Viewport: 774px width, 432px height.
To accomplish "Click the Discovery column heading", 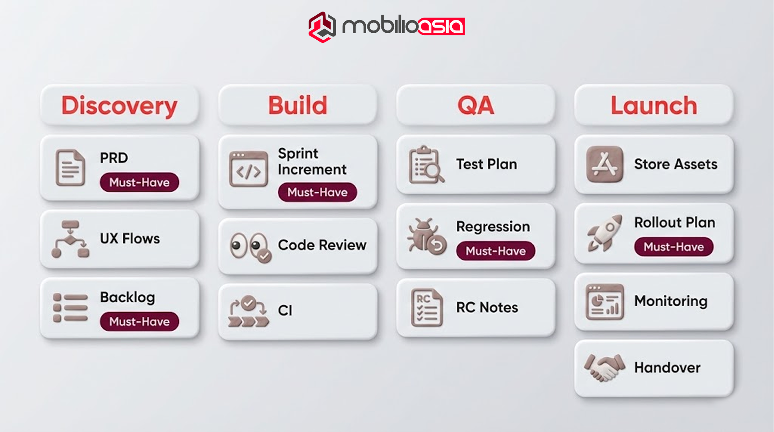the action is point(119,106).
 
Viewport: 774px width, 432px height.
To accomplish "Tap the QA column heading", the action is point(475,106).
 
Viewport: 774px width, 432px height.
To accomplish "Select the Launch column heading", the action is point(654,106).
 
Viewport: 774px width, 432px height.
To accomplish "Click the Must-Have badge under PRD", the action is point(139,182).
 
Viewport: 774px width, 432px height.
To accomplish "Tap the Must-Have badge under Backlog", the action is point(139,322).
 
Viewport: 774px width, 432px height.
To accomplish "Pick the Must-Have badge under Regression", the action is point(495,251).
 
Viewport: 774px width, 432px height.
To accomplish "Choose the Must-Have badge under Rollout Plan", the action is point(674,247).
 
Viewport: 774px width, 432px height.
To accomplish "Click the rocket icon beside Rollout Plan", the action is point(605,233).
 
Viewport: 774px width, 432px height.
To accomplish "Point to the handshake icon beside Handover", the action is point(604,367).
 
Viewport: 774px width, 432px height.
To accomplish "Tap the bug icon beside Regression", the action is point(427,236).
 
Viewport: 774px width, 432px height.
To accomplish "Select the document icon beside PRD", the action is point(70,168).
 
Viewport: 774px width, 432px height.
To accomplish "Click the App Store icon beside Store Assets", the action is point(605,164).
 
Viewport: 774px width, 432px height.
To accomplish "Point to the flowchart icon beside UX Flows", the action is point(70,239).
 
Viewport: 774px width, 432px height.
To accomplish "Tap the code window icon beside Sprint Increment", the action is point(249,169).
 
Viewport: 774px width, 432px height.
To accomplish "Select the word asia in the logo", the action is point(441,26).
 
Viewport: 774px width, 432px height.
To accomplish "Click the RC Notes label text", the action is point(487,307).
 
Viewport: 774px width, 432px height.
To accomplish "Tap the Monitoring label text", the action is point(671,301).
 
